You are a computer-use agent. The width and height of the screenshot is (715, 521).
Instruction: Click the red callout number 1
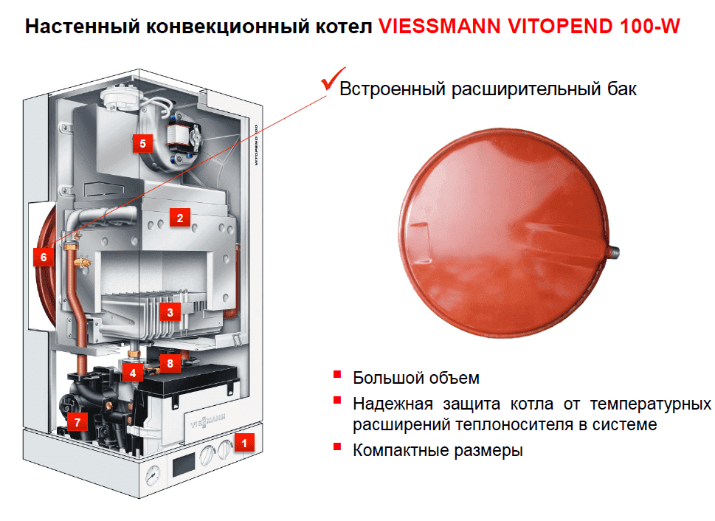(244, 443)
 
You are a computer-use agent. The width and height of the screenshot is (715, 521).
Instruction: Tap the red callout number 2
(179, 218)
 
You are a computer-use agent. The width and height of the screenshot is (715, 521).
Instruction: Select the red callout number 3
(170, 312)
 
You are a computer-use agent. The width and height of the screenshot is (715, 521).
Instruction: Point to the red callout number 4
(133, 373)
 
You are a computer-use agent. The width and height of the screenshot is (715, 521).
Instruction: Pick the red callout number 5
(142, 143)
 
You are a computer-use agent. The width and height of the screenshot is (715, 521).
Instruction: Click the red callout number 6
(44, 257)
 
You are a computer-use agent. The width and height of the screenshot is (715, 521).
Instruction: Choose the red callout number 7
(77, 421)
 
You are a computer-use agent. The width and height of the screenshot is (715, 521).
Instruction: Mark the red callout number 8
(170, 363)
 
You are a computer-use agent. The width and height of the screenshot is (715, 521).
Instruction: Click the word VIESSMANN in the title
(440, 27)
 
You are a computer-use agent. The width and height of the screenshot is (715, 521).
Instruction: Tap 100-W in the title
(650, 27)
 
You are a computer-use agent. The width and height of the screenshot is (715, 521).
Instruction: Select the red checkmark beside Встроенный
(333, 78)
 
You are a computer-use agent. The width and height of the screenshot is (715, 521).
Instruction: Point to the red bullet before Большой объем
(337, 375)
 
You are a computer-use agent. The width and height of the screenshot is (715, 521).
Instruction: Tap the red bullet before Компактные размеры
(337, 446)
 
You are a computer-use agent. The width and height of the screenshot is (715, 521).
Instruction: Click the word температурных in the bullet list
(650, 404)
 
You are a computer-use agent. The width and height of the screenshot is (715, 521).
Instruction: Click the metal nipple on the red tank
(614, 252)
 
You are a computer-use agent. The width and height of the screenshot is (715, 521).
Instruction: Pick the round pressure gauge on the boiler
(153, 475)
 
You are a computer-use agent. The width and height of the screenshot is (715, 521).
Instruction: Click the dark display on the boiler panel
(184, 465)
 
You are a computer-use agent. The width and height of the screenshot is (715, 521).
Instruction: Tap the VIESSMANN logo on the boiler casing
(208, 421)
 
